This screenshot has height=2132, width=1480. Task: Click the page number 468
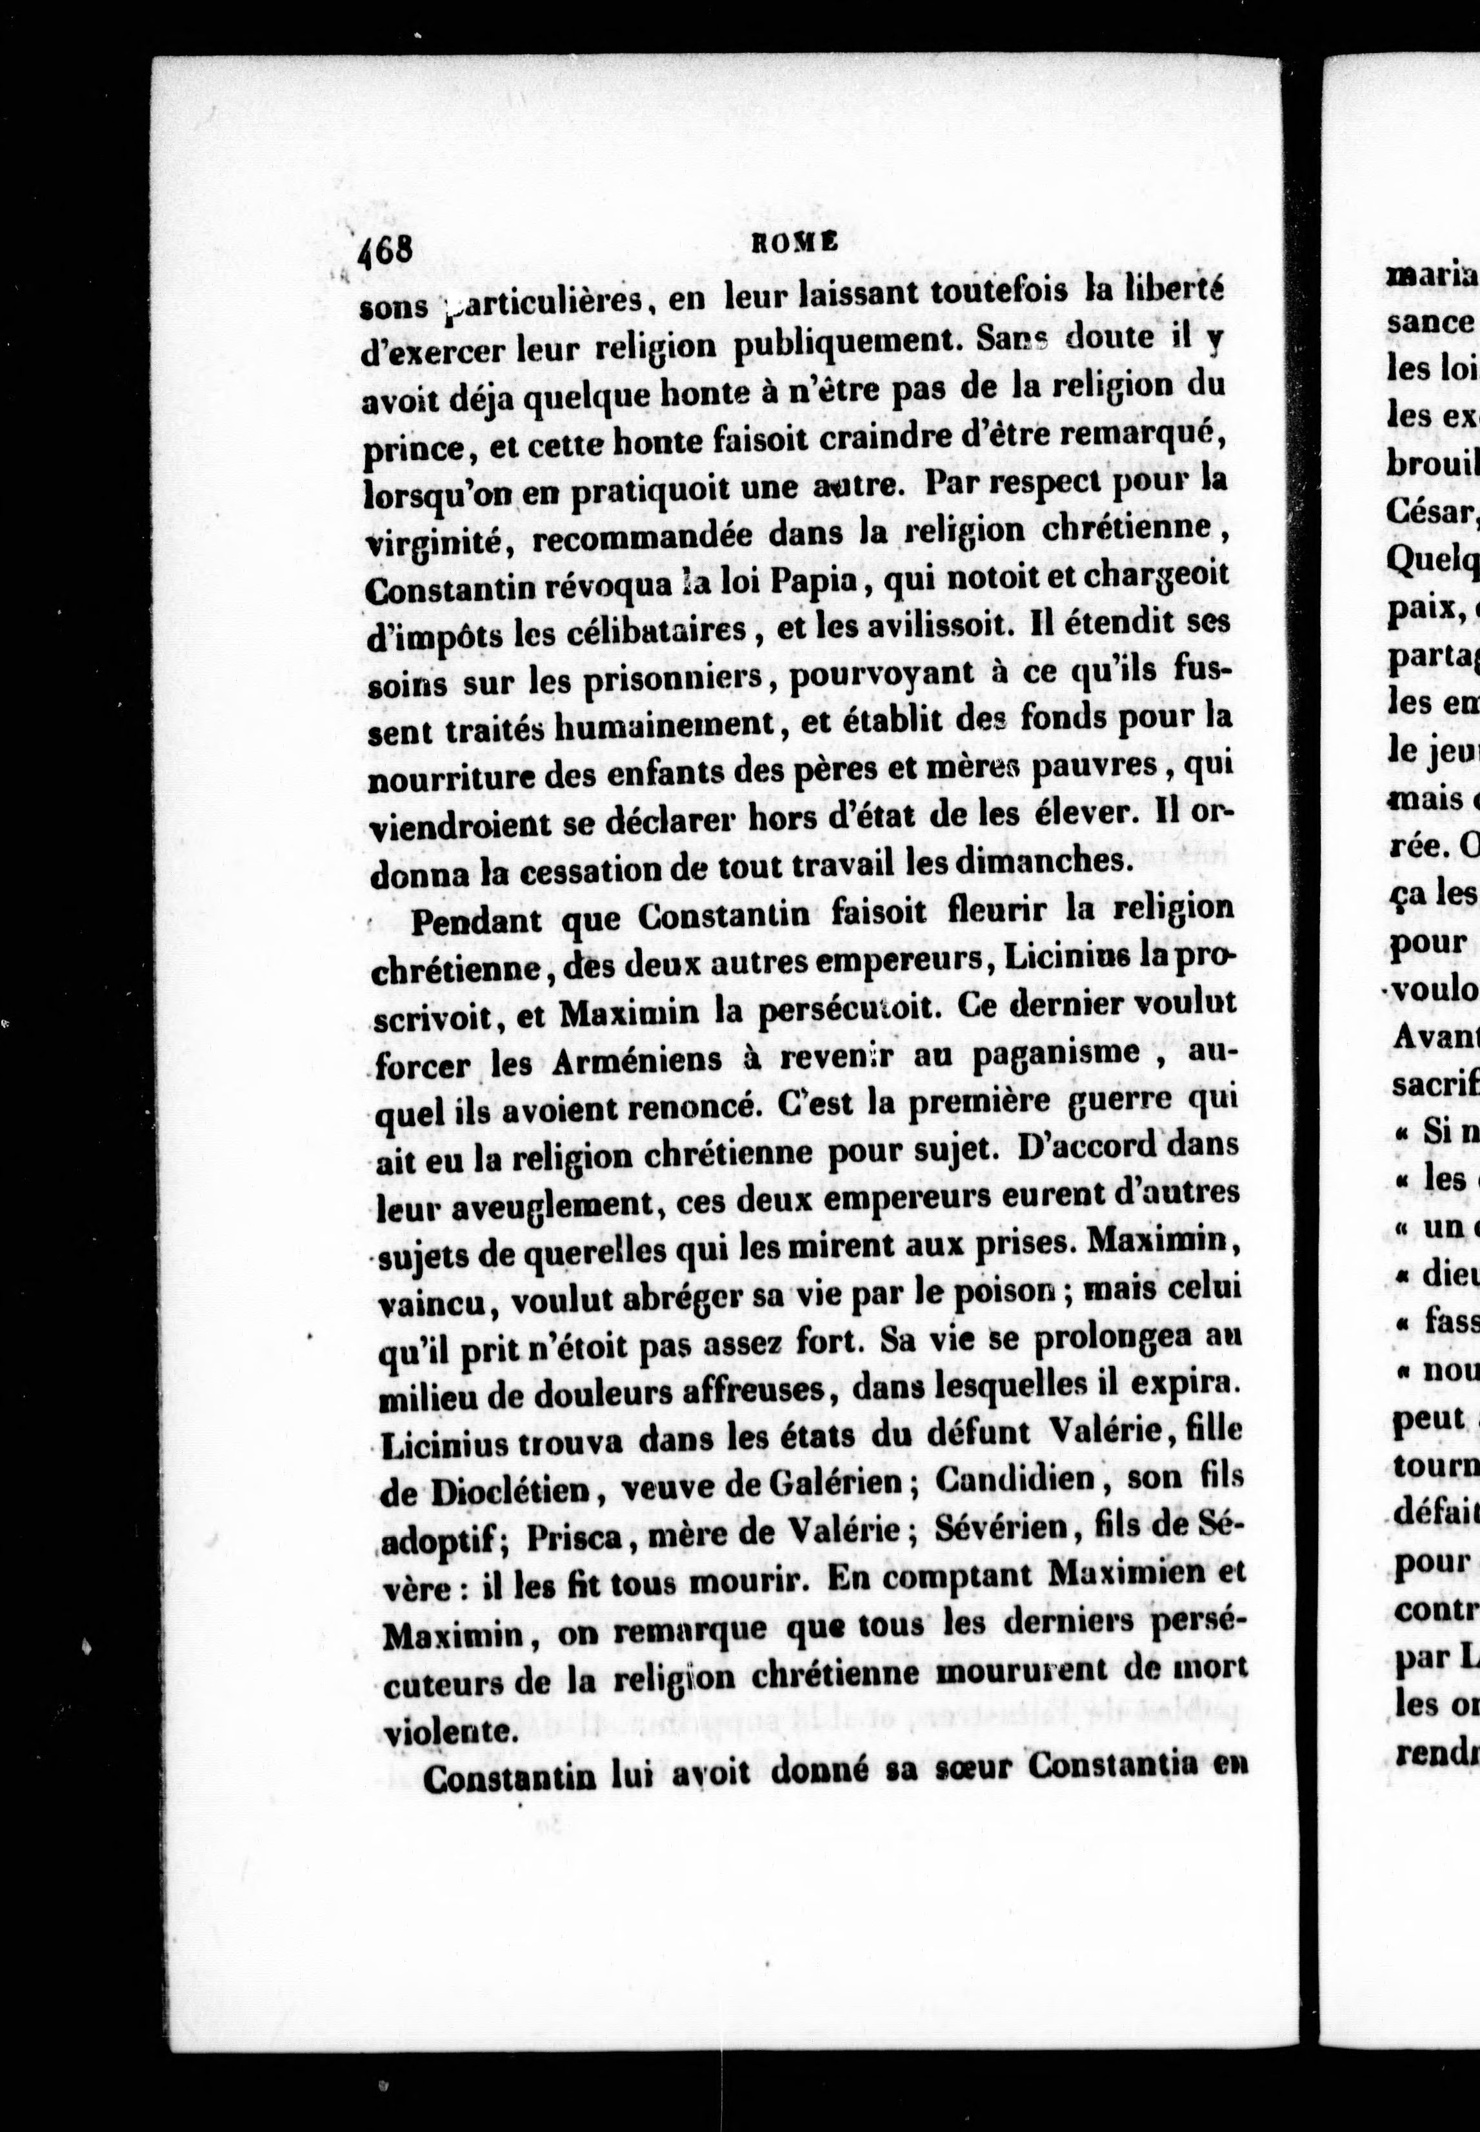pos(388,250)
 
